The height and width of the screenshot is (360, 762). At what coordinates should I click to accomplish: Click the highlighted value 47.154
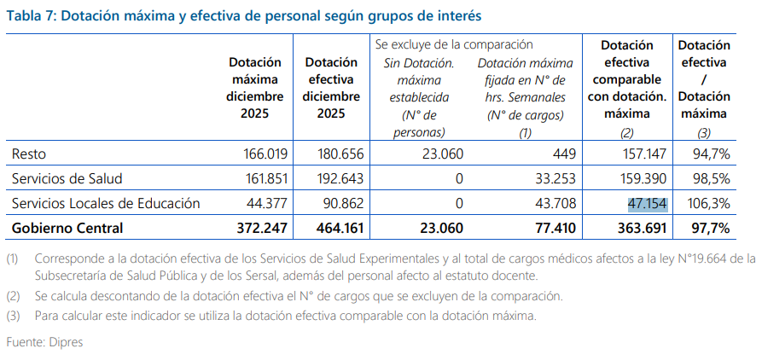pyautogui.click(x=647, y=203)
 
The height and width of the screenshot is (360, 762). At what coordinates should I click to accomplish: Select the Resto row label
pyautogui.click(x=28, y=154)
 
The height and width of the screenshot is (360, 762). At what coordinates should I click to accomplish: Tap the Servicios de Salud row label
pyautogui.click(x=67, y=179)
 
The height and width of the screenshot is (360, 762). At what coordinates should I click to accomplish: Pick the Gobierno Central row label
pyautogui.click(x=67, y=228)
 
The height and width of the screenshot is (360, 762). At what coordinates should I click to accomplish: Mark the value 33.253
pyautogui.click(x=556, y=179)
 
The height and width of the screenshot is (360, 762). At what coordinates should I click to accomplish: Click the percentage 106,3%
pyautogui.click(x=707, y=203)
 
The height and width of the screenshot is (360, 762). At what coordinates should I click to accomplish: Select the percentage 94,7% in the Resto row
pyautogui.click(x=710, y=154)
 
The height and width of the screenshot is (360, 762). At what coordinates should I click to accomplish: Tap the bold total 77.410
pyautogui.click(x=553, y=228)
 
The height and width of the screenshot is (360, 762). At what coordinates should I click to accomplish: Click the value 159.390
pyautogui.click(x=643, y=179)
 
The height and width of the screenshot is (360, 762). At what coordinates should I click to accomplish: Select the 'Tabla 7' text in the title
pyautogui.click(x=32, y=15)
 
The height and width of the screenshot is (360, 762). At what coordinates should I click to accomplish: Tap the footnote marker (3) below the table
pyautogui.click(x=13, y=315)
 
